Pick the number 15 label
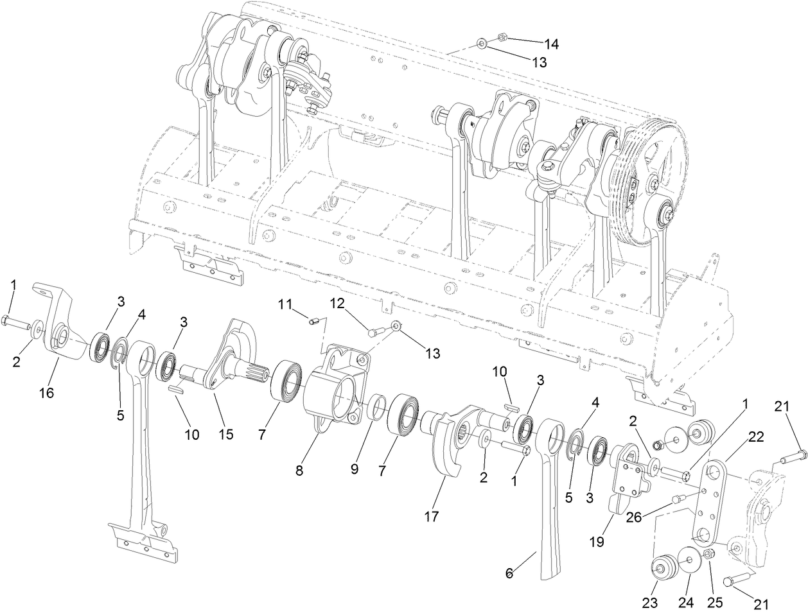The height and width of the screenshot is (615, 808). coord(225,435)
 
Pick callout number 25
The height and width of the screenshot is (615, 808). coord(715,603)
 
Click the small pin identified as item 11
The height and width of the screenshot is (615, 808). coord(314,322)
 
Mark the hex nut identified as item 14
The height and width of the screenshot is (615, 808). coord(504,37)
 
